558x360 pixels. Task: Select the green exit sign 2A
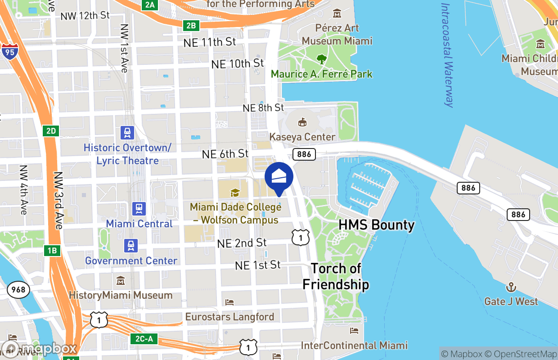(150, 5)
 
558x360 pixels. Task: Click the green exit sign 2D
(51, 131)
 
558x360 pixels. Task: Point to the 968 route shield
(18, 290)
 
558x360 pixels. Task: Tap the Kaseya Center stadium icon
(302, 122)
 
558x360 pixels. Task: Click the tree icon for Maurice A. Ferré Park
(321, 59)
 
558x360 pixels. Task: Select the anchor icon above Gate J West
(511, 287)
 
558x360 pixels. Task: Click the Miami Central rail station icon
(139, 208)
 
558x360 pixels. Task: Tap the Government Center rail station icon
(130, 246)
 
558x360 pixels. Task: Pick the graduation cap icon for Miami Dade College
(234, 193)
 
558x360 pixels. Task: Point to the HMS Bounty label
(376, 225)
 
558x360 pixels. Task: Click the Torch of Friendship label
(336, 276)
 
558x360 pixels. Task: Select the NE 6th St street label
(225, 154)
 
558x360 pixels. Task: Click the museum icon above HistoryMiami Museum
(120, 281)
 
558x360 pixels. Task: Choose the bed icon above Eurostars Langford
(229, 302)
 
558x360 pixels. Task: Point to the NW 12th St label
(85, 15)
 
